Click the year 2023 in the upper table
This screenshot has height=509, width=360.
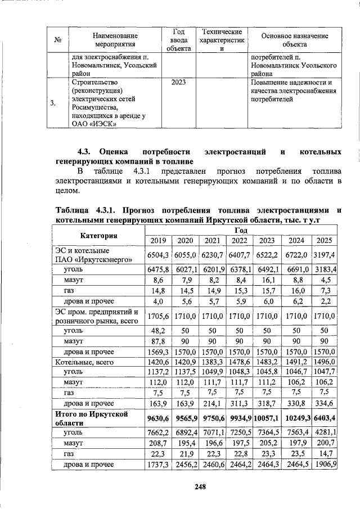(x=178, y=82)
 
